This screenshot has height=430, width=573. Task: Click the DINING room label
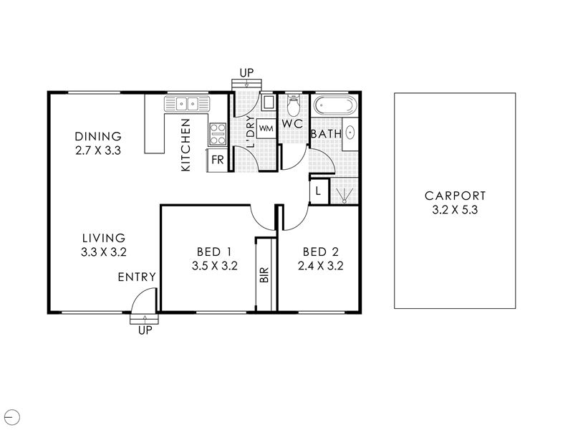point(98,136)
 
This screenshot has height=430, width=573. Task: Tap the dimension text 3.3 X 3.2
point(104,252)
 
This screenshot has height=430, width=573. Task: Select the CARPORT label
point(456,196)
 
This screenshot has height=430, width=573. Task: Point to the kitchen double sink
point(187,104)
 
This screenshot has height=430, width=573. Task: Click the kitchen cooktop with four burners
point(218,134)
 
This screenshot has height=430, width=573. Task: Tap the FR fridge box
point(218,160)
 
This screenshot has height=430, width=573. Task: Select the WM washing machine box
point(266,129)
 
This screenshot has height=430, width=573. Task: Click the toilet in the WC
point(293,104)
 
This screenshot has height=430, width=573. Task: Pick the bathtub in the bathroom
point(334,105)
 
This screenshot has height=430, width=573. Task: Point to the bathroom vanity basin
point(350,133)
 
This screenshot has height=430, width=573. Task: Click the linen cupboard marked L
point(318,191)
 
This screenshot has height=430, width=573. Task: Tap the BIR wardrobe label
point(265,275)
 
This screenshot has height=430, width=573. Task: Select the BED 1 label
point(214,252)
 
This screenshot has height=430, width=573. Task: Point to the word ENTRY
point(137,277)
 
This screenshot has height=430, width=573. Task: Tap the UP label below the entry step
point(145,330)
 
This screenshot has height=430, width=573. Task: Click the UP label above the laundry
point(246,73)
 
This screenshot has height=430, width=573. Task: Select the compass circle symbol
point(13,417)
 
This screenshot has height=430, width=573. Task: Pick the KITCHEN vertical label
point(186,145)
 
